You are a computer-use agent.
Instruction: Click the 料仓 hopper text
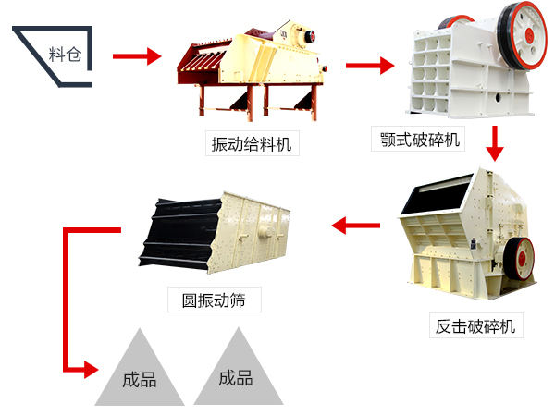[65, 53]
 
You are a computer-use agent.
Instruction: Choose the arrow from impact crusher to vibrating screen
[355, 224]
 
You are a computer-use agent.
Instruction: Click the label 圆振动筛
[214, 300]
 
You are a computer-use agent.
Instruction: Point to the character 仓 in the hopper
[75, 53]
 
